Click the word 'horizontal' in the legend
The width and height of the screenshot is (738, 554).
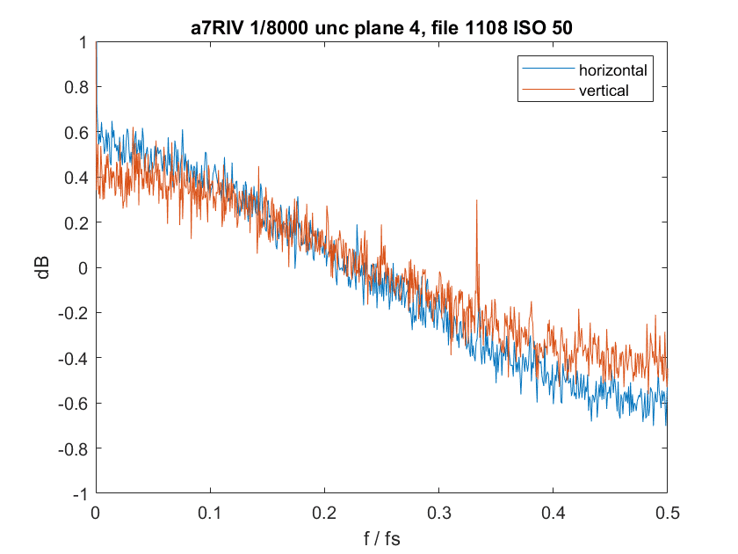613,70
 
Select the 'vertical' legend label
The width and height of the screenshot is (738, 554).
604,91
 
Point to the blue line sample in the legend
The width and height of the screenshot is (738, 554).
548,69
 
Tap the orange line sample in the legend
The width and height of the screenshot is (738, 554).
548,89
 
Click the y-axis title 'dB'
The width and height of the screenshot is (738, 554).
42,267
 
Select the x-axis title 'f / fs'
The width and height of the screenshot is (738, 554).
381,538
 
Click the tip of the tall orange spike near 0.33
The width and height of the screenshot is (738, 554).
477,200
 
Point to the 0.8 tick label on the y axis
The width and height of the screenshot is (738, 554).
76,87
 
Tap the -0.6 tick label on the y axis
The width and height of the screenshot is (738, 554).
73,404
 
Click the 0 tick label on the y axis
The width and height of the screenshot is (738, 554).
83,268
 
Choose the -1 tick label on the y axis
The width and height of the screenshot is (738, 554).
80,494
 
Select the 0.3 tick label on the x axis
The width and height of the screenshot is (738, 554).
438,513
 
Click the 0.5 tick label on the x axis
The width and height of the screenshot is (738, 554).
668,513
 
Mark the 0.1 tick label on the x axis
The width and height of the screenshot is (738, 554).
210,513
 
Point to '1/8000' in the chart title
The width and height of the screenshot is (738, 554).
280,28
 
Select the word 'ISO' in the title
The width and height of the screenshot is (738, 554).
528,28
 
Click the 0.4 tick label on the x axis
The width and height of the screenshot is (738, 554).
553,513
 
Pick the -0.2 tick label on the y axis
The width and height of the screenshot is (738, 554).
73,313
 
